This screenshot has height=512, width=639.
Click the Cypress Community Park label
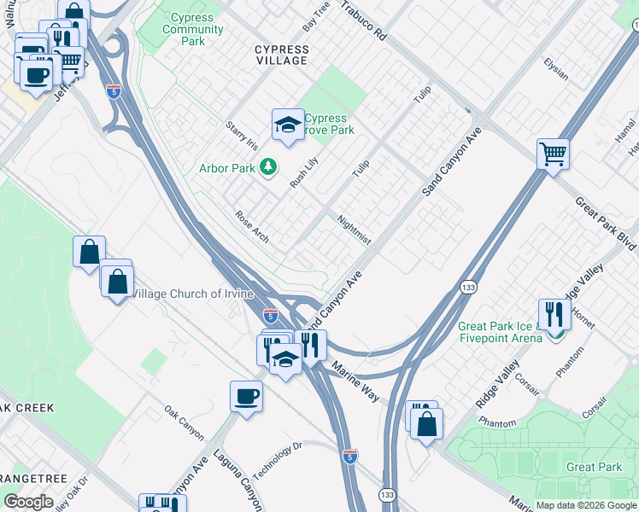coord(194,29)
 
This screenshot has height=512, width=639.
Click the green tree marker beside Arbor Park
coord(268,167)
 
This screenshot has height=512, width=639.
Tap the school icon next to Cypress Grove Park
coord(288,125)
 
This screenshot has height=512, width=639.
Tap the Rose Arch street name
coord(252,226)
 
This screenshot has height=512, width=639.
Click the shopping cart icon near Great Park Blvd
coord(553,154)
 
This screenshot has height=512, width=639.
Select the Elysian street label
coord(556,69)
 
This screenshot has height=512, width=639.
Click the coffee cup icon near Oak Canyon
coord(246,396)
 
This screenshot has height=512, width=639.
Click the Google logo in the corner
coord(28,502)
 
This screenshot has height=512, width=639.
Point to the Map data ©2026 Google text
coord(586,505)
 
